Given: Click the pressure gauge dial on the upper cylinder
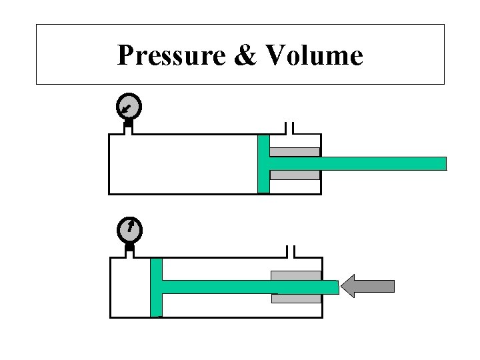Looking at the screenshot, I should click(x=128, y=105).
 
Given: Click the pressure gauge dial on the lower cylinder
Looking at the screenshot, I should click(x=130, y=229).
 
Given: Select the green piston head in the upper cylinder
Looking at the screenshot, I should click(x=263, y=164).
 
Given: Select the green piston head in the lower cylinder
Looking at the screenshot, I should click(x=156, y=287).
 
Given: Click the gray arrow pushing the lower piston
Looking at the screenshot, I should click(x=367, y=286).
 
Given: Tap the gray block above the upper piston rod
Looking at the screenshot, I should click(x=295, y=152).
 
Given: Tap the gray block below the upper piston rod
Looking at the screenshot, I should click(x=295, y=175).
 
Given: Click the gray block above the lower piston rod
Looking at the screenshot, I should click(x=295, y=275).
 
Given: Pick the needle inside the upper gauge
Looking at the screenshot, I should click(x=126, y=106).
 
